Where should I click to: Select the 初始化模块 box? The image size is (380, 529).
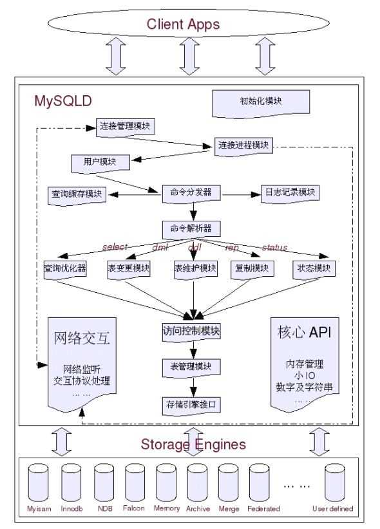(261, 101)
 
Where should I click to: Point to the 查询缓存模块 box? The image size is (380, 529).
(77, 194)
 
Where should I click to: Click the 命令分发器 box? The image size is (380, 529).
(191, 192)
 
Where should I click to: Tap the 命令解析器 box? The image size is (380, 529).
(191, 228)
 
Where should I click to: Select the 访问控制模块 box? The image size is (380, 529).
(191, 331)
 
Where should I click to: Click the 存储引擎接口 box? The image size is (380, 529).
(191, 404)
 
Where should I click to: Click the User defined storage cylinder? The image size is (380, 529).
(332, 482)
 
